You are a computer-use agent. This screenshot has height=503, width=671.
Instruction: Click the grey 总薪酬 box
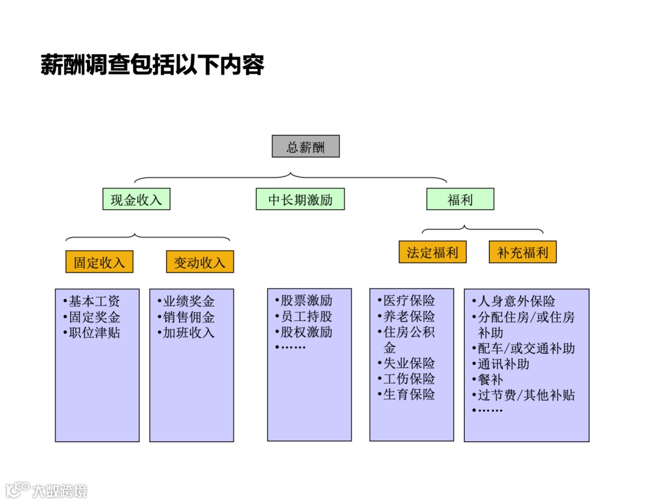click(306, 147)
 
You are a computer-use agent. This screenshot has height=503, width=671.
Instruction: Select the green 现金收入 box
click(136, 199)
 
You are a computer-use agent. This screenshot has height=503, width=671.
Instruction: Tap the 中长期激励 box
click(300, 199)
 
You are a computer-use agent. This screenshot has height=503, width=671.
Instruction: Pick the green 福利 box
click(460, 199)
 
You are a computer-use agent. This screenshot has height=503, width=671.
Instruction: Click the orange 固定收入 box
click(99, 262)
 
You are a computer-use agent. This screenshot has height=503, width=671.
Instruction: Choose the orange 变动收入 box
click(199, 262)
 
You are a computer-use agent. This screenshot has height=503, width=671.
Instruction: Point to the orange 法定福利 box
click(432, 252)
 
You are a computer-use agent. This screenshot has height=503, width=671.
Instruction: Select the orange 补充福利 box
click(523, 252)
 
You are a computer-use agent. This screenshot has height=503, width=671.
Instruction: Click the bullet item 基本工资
click(94, 301)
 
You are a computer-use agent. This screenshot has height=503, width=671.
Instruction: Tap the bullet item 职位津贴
click(94, 332)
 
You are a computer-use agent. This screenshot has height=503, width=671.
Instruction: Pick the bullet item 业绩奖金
click(188, 301)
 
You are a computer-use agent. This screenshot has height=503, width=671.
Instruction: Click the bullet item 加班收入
click(188, 332)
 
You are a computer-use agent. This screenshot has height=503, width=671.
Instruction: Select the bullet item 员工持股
click(306, 316)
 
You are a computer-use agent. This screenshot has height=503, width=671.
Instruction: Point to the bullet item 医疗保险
click(408, 301)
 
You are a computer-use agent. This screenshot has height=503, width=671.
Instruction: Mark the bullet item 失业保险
click(408, 363)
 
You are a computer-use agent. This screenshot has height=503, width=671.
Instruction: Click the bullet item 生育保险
click(408, 394)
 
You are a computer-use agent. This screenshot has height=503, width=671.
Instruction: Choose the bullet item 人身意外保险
click(516, 301)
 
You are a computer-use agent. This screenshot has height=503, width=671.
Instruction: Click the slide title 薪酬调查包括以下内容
click(153, 65)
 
